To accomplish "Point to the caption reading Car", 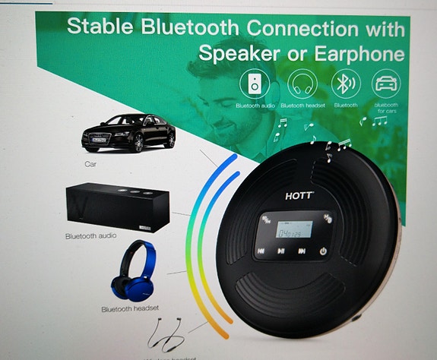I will click(92, 163).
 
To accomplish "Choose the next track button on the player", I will click(302, 251).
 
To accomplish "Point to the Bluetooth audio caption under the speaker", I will click(90, 236).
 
